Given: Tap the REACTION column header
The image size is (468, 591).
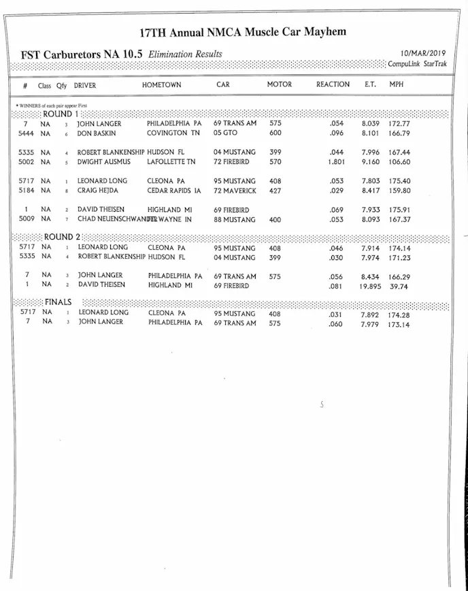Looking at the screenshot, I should (x=333, y=85).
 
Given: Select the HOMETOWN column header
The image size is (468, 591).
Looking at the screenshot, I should (x=161, y=85).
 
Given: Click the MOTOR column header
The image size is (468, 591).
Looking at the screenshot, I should (x=279, y=85).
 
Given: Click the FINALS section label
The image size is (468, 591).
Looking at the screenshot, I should (x=58, y=302).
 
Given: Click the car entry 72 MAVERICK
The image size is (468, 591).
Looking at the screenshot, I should (x=235, y=191).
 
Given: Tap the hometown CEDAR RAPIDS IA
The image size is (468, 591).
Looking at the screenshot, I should (x=174, y=191).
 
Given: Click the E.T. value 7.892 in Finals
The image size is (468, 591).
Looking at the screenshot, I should (x=373, y=315).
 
